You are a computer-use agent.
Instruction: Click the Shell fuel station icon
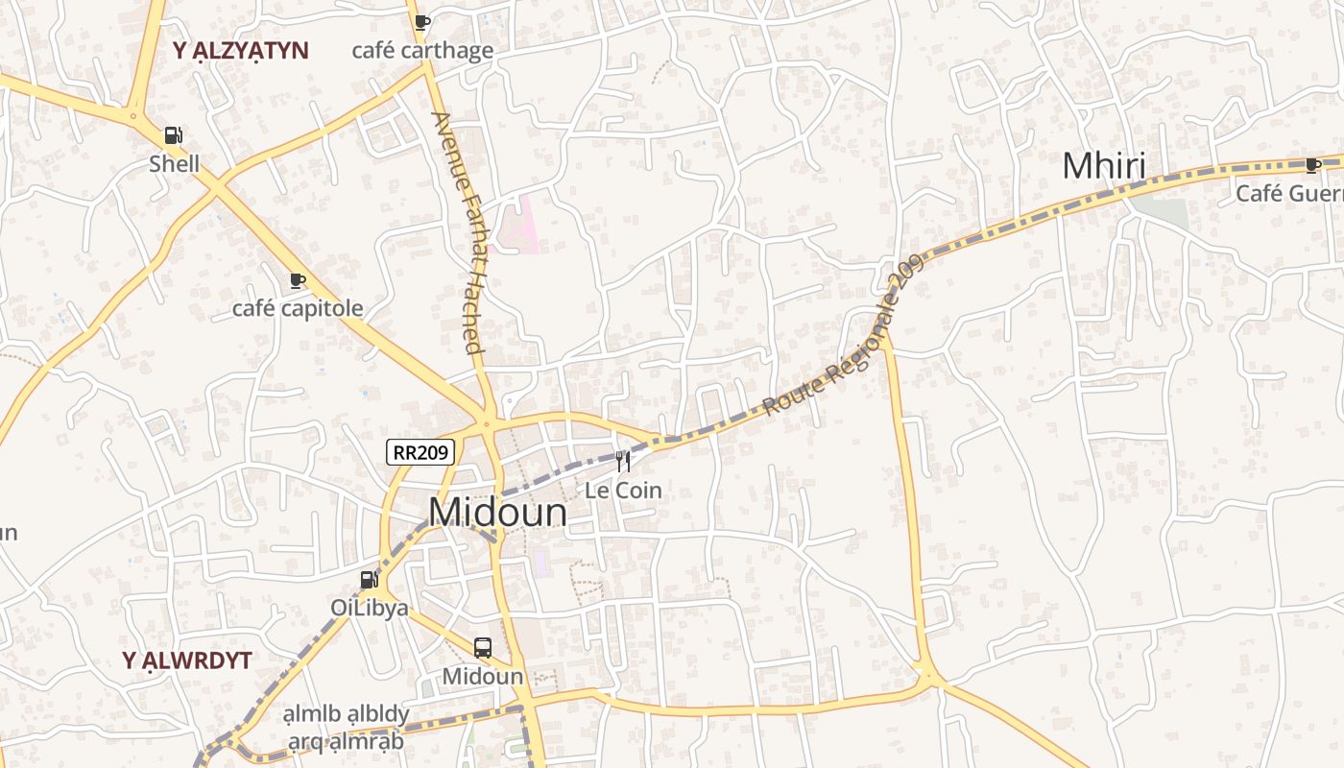[x=173, y=136]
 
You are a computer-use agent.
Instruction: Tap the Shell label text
[x=175, y=164]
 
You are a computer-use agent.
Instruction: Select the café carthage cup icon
[x=421, y=22]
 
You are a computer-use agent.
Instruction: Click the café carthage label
[x=422, y=51]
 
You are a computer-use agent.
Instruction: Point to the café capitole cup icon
[x=298, y=280]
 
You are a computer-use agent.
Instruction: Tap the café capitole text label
[x=298, y=308]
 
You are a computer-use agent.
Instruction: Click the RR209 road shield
[x=420, y=452]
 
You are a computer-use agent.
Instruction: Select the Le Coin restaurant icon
[x=623, y=462]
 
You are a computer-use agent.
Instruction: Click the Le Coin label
[x=624, y=491]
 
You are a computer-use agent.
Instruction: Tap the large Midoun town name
[x=497, y=513]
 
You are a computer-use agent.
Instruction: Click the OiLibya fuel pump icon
[x=369, y=580]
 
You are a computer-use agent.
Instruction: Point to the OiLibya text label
[x=370, y=608]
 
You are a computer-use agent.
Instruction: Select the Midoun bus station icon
[x=483, y=648]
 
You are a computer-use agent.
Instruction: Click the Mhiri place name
[x=1104, y=166]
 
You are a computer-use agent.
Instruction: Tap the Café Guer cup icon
[x=1313, y=165]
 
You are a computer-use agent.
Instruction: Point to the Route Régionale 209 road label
[x=845, y=334]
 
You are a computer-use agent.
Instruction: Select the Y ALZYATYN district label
[x=241, y=52]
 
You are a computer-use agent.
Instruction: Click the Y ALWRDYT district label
[x=187, y=660]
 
